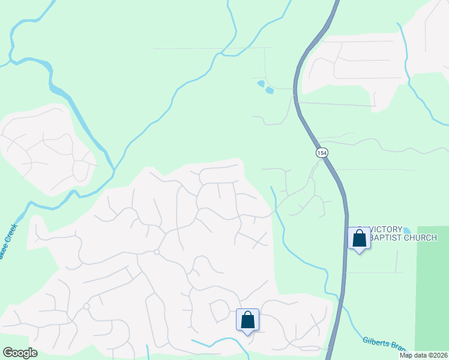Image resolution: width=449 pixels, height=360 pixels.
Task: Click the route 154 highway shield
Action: pyautogui.click(x=322, y=153)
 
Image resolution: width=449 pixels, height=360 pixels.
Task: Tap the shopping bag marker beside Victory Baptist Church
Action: pyautogui.click(x=359, y=238)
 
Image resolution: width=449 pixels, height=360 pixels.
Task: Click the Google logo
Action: pyautogui.click(x=20, y=353)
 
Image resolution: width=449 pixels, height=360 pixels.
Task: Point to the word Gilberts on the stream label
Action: pyautogui.click(x=376, y=342)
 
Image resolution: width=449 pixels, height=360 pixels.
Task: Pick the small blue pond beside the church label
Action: pyautogui.click(x=407, y=230)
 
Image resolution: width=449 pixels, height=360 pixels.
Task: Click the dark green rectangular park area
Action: pyautogui.click(x=432, y=282)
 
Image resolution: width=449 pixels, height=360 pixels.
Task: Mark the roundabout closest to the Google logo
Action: pyautogui.click(x=86, y=306)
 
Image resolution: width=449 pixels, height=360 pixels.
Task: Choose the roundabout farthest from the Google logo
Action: pyautogui.click(x=156, y=251)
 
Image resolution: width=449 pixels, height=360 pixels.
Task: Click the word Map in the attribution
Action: pyautogui.click(x=406, y=355)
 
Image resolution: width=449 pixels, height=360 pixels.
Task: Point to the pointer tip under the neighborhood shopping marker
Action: pyautogui.click(x=247, y=335)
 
